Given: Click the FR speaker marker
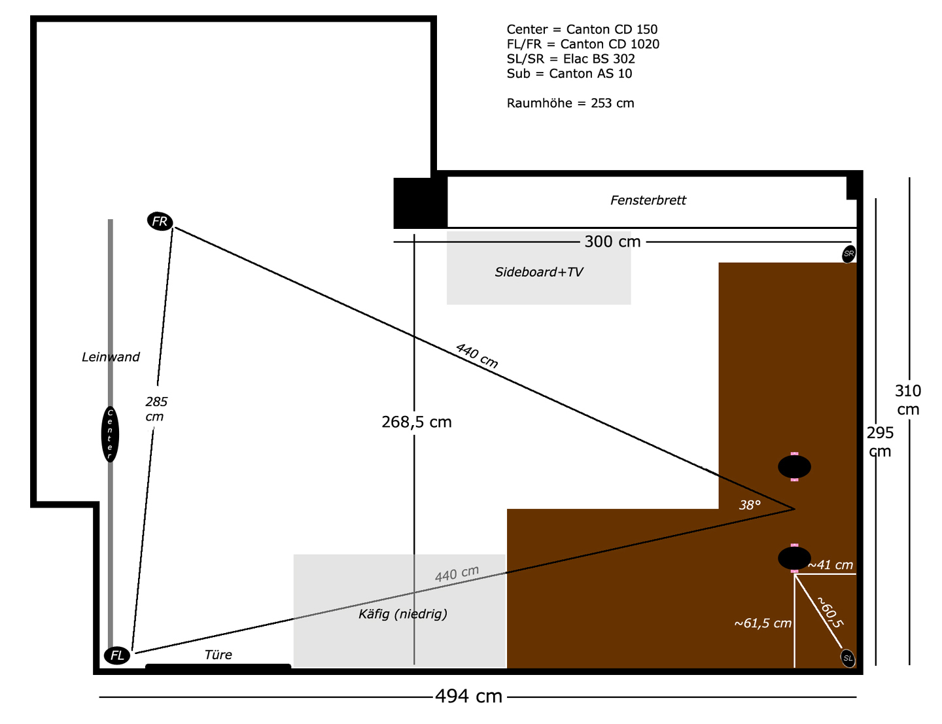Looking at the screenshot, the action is [x=160, y=222].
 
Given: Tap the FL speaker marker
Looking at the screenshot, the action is [x=117, y=655].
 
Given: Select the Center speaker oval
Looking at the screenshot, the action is [x=110, y=434].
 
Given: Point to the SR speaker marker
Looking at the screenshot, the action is [x=848, y=254].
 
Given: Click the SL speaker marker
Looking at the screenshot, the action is [x=848, y=658].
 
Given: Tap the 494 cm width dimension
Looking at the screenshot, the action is [x=468, y=697].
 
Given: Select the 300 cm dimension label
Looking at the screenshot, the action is [x=612, y=241].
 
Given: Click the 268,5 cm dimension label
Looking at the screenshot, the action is [x=416, y=422].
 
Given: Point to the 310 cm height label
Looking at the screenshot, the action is [x=908, y=400].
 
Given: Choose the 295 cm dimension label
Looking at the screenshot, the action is [x=880, y=441].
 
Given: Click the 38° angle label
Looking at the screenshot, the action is [x=750, y=505].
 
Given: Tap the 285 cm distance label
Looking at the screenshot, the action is [x=156, y=409].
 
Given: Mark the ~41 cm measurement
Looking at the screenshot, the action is [x=830, y=564].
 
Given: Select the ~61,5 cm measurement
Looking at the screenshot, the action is [x=763, y=623].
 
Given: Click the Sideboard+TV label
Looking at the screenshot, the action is [x=539, y=271].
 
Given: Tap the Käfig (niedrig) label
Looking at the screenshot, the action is [x=403, y=613].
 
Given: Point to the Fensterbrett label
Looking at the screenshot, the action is [x=648, y=199].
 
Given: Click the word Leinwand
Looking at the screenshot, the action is [x=111, y=356].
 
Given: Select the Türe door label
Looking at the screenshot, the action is [x=218, y=654].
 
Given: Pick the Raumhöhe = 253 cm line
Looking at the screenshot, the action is [x=570, y=103].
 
